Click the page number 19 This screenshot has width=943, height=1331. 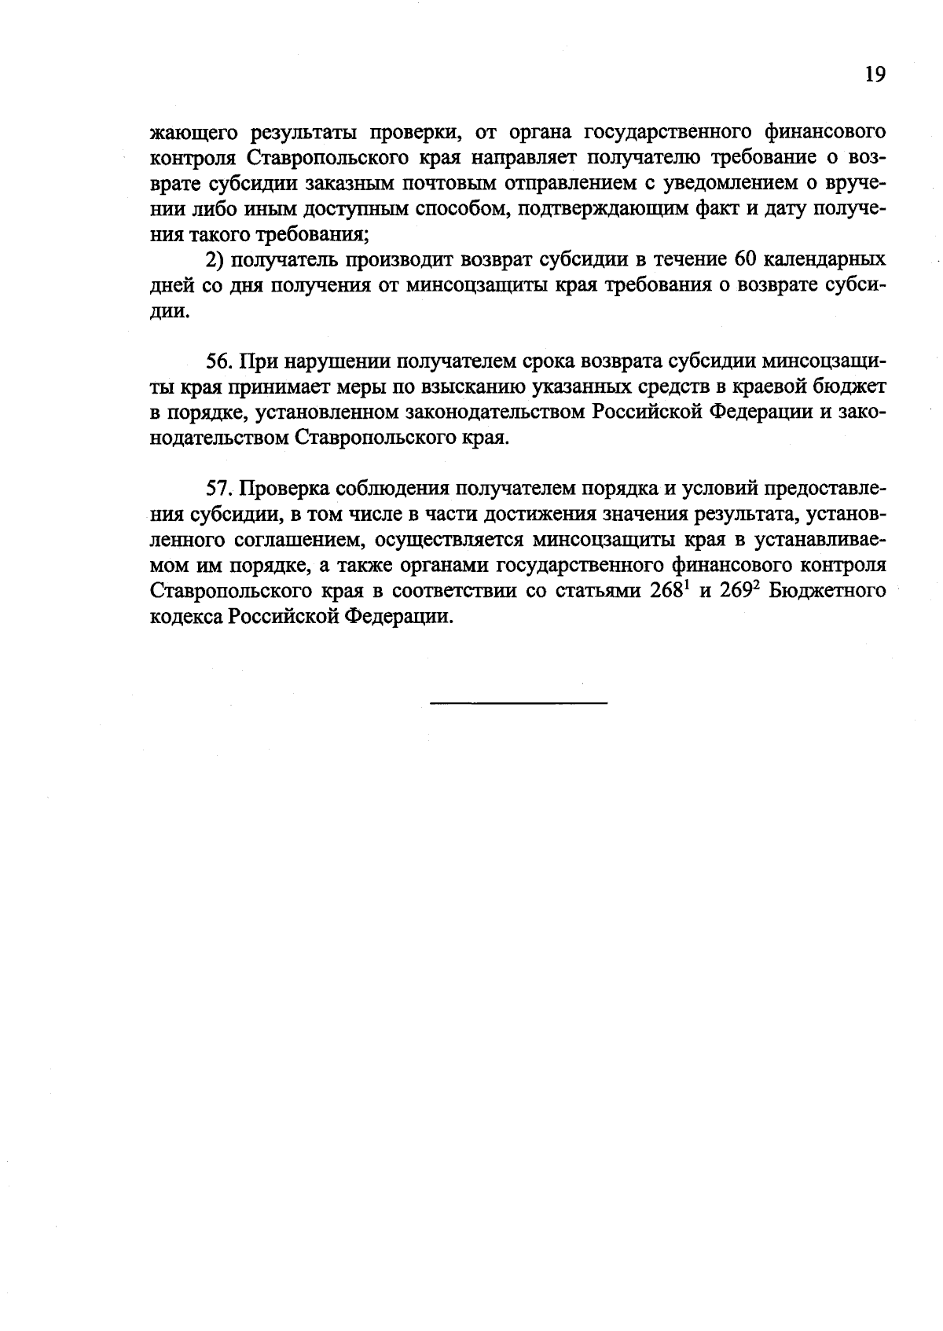(875, 75)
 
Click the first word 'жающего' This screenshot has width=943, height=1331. (188, 131)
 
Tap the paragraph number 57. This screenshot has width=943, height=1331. (220, 488)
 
